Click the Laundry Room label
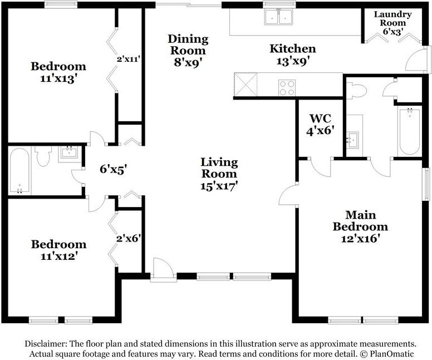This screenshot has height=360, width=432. click(392, 18)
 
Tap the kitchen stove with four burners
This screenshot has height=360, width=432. click(287, 87)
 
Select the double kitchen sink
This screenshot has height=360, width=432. click(279, 17)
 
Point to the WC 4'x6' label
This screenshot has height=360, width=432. click(321, 124)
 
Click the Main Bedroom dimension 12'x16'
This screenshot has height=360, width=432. click(360, 238)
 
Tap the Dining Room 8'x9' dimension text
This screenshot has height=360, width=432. click(188, 62)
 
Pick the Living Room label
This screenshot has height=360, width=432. click(219, 167)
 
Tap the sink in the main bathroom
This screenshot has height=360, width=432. click(352, 140)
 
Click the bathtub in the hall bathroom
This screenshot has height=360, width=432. click(19, 171)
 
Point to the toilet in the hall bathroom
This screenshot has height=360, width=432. click(43, 156)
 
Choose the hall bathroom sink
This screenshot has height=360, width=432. click(69, 152)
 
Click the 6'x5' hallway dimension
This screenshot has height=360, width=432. click(113, 169)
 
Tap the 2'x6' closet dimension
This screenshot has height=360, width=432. click(129, 238)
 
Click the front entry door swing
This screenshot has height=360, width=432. click(163, 268)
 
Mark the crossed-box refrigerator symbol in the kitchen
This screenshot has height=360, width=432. click(245, 84)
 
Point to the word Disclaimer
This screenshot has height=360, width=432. click(46, 344)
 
